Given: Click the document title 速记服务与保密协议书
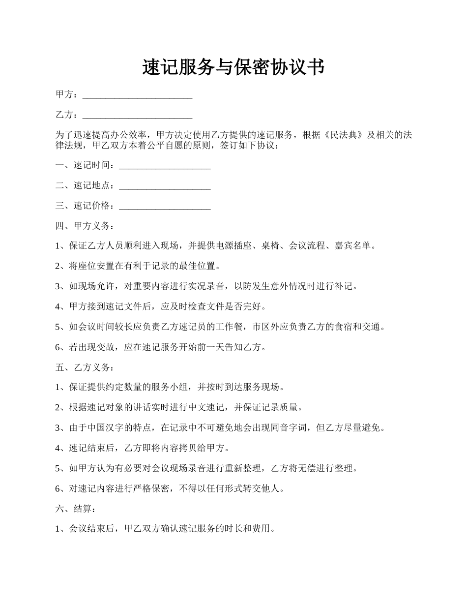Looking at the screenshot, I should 233,67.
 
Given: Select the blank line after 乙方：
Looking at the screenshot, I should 137,116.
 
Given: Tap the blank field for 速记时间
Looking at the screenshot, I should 165,166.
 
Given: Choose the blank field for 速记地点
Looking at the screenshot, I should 165,186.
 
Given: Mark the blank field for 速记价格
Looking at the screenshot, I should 165,206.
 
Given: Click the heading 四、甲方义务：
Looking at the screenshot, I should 85,226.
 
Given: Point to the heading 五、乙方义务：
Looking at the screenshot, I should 85,367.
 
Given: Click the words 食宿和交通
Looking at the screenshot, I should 357,327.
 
